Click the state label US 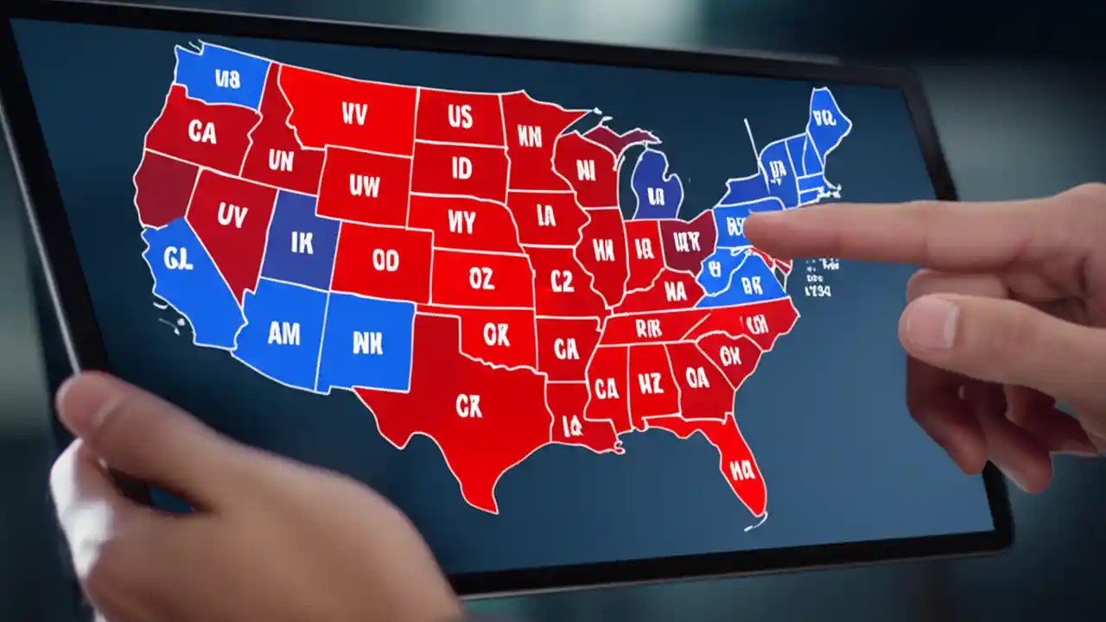click(459, 116)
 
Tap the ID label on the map click(462, 168)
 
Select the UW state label click(364, 184)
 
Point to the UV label click(232, 216)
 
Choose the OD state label click(385, 260)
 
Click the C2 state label click(562, 281)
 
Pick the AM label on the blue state click(283, 335)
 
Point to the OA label click(696, 378)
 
